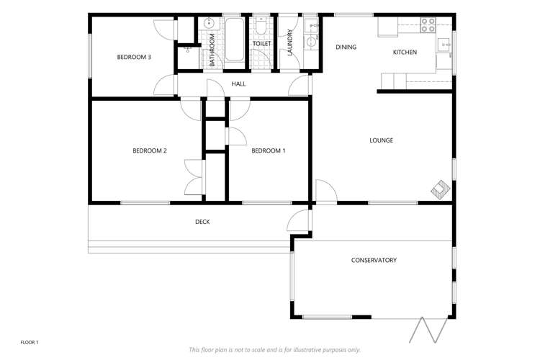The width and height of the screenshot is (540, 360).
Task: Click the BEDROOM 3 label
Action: [134, 58]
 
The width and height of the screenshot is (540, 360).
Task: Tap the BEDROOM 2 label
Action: [150, 150]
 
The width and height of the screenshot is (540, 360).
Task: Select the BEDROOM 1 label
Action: [268, 150]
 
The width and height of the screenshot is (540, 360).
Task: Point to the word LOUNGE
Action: [381, 140]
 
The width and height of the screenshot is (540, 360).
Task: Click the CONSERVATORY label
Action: [374, 260]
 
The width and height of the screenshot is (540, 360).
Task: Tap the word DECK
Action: [202, 222]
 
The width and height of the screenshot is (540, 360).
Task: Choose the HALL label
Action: [239, 84]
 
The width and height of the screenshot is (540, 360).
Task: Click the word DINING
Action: [346, 48]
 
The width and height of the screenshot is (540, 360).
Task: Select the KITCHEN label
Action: [405, 52]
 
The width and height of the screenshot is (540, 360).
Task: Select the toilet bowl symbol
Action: [261, 27]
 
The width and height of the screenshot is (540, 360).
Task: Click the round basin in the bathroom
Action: [210, 23]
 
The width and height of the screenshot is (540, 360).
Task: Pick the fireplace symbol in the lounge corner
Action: [439, 189]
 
